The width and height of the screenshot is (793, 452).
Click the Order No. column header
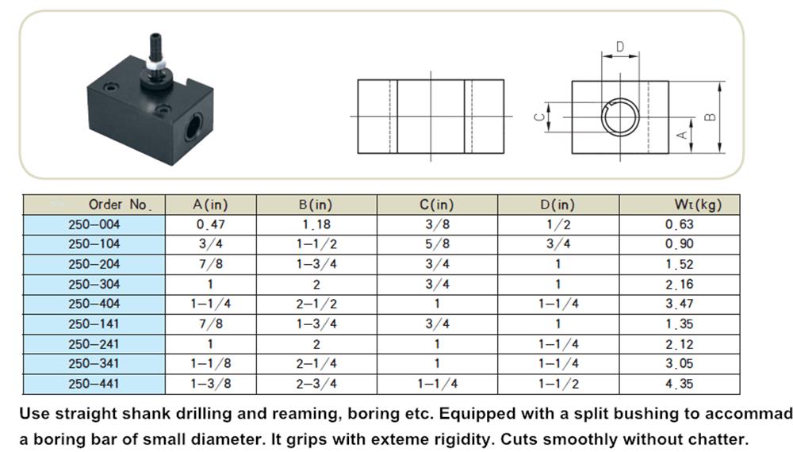click(120, 205)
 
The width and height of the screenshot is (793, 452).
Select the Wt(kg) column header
click(698, 205)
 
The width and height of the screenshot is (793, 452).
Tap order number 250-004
click(94, 224)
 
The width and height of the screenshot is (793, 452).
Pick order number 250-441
click(94, 384)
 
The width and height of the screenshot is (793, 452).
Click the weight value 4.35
click(680, 384)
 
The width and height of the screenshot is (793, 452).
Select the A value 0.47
click(210, 224)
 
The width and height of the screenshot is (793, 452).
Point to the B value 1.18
click(316, 224)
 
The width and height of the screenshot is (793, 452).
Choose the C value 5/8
click(437, 244)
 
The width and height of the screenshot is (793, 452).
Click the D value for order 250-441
click(558, 384)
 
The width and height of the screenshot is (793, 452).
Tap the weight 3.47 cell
click(680, 304)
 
